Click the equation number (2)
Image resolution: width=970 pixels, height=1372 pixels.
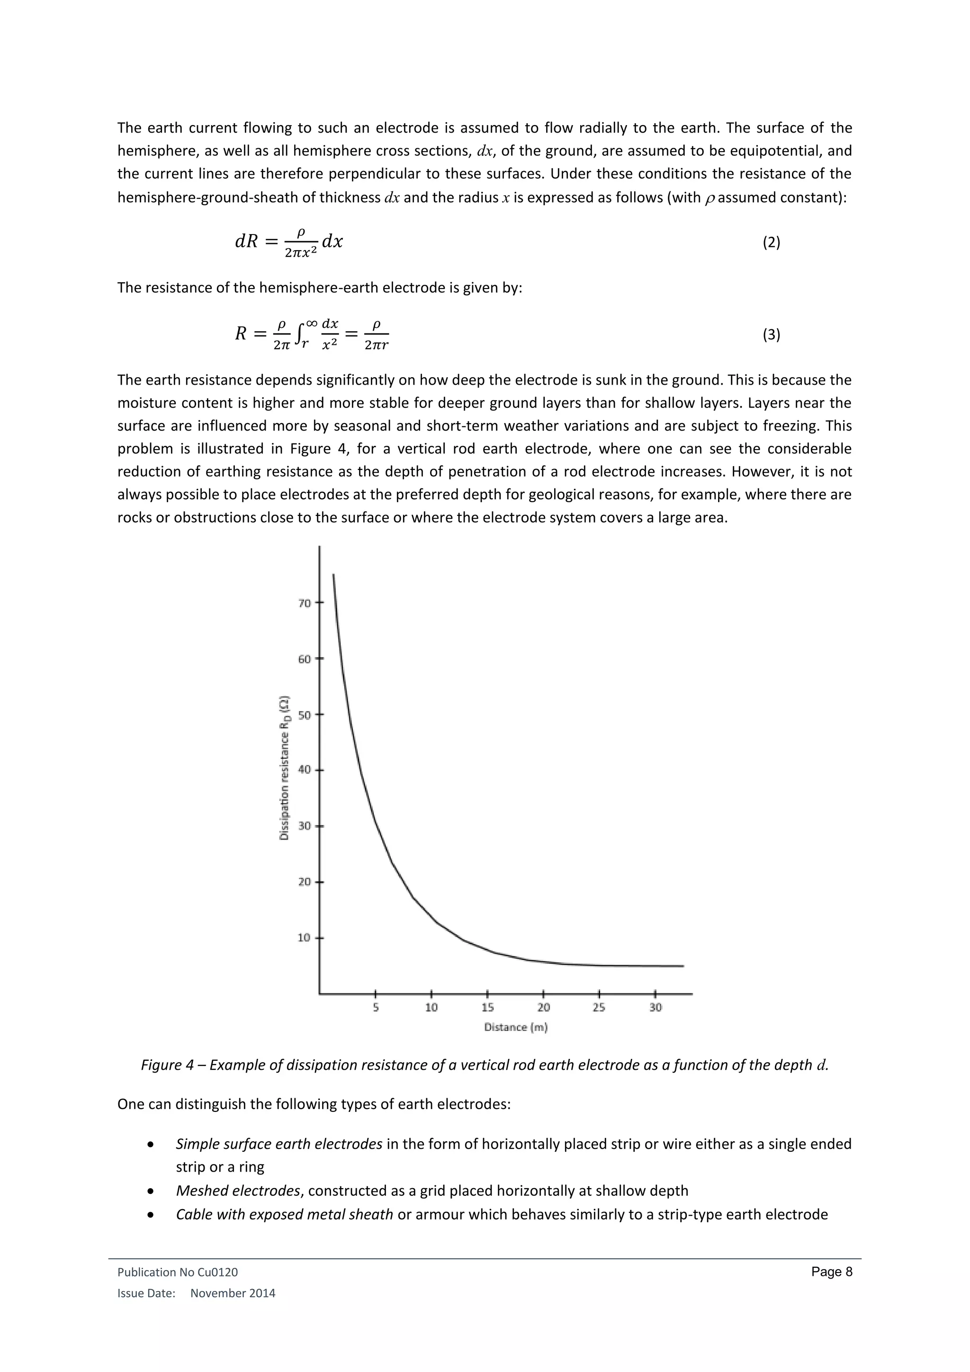point(771,243)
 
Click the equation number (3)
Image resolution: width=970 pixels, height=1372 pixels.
point(771,334)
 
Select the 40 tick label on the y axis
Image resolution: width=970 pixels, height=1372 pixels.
point(305,770)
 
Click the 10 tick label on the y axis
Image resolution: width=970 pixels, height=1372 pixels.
point(305,938)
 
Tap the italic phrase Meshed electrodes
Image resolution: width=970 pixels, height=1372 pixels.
point(238,1191)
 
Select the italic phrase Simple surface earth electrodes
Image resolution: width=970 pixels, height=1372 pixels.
point(279,1144)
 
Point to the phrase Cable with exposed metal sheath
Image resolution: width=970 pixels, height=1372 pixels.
point(284,1214)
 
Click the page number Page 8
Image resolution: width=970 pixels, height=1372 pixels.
point(831,1272)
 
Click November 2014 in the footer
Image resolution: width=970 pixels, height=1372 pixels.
point(233,1293)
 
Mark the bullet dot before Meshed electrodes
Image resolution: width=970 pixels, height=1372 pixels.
point(152,1191)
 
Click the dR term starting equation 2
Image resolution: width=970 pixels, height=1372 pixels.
point(246,242)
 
